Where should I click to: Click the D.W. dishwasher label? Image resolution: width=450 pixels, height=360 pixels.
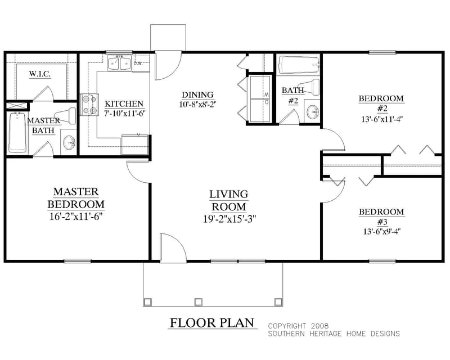coord(138,63)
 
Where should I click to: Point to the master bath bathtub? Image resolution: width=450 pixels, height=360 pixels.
coord(17,133)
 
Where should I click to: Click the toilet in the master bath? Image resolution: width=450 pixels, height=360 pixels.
coord(69,116)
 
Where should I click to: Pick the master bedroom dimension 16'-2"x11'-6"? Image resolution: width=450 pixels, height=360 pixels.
coord(76,215)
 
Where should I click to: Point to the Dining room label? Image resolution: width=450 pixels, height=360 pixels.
coord(197,94)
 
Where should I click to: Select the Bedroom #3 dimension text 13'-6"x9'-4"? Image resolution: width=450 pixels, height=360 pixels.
coord(381,230)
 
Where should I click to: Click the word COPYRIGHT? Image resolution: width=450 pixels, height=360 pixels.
coord(287,326)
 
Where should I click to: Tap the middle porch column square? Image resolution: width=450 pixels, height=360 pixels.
coord(197,301)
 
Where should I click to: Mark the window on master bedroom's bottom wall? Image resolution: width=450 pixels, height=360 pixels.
coord(77,260)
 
